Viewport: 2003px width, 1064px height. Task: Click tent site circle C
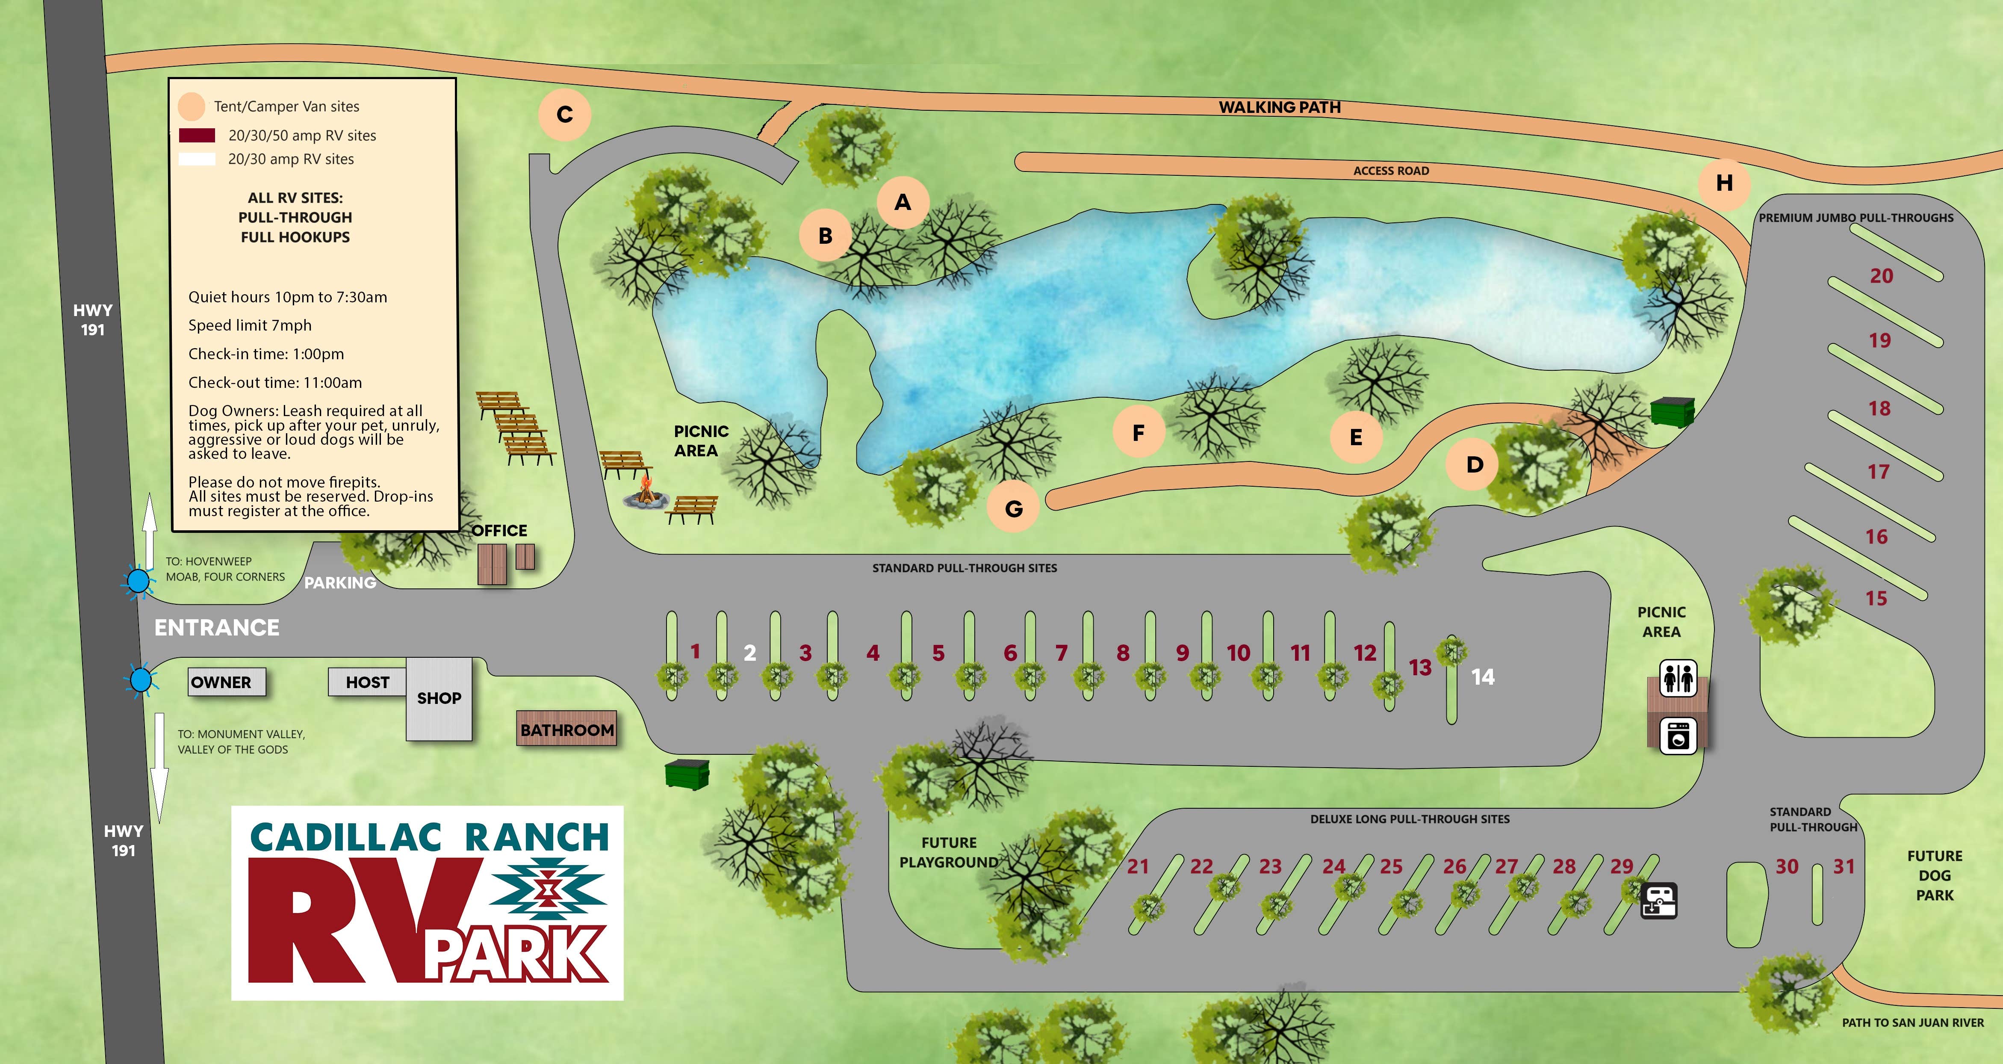click(x=564, y=114)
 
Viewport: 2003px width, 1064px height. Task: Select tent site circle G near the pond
click(x=1013, y=508)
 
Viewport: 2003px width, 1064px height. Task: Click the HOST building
click(x=367, y=682)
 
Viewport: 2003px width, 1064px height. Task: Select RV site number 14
click(x=1482, y=677)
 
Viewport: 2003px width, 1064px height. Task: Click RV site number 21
click(x=1138, y=866)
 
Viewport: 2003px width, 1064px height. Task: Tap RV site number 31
click(x=1844, y=866)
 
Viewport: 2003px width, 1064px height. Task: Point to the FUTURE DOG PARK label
click(x=1935, y=875)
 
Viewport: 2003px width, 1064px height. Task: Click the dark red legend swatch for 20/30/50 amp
click(x=197, y=135)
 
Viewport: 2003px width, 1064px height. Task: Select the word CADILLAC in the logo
click(x=345, y=838)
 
